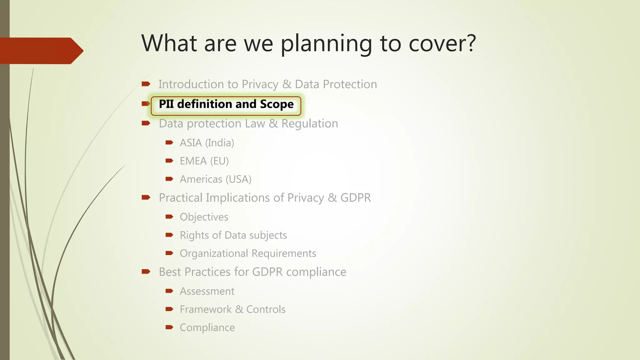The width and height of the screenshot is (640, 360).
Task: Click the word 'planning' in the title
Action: coord(326,44)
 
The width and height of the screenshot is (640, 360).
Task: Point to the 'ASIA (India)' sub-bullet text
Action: coord(207,143)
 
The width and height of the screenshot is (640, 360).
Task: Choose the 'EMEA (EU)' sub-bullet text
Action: coord(204,161)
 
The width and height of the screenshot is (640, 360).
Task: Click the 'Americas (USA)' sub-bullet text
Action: coord(215,179)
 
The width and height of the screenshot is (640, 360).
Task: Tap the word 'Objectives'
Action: coord(204,217)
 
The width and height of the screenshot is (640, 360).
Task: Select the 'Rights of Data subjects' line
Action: coord(233,235)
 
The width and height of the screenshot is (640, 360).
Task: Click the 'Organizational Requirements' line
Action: coord(248,253)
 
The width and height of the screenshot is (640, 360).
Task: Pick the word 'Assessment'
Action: coord(207,291)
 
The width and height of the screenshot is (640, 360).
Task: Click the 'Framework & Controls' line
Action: coord(232,309)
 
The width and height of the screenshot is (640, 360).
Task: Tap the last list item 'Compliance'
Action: coord(207,327)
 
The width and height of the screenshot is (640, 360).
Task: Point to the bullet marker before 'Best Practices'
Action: coord(146,272)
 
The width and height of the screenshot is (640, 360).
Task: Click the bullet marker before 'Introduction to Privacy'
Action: coord(146,84)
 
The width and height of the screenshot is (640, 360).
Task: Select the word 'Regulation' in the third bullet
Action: coord(309,124)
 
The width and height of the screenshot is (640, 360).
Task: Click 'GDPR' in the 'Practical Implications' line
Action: coord(355,198)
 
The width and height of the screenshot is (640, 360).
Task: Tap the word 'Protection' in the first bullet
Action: coord(350,84)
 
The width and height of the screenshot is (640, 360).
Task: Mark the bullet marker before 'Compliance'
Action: coord(169,327)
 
